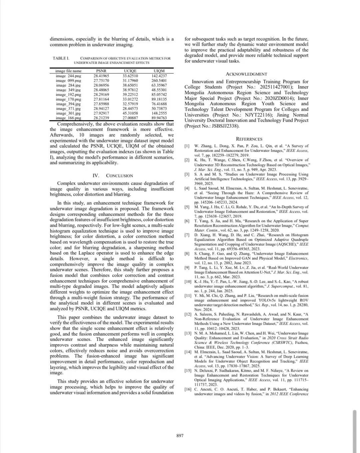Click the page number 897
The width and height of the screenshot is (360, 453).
click(x=180, y=435)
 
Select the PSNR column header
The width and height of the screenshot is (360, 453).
click(x=101, y=71)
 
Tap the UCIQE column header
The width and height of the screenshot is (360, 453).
click(x=130, y=71)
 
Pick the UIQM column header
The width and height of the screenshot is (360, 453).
click(x=159, y=71)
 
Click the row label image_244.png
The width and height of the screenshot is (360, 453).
click(x=68, y=76)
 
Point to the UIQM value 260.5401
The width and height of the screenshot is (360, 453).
click(x=159, y=80)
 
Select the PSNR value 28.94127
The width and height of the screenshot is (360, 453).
click(x=101, y=108)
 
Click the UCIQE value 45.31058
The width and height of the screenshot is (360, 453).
click(x=130, y=113)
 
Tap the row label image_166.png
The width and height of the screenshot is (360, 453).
click(x=68, y=118)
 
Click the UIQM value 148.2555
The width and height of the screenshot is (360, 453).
click(x=159, y=113)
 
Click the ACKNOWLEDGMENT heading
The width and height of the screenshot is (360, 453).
click(x=246, y=74)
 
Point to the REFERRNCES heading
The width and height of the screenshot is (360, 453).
click(x=249, y=139)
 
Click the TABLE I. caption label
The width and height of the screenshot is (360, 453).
click(x=61, y=58)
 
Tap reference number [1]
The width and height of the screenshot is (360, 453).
click(x=187, y=146)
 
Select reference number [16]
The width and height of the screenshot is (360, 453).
click(x=188, y=389)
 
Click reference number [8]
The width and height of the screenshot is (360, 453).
click(x=187, y=254)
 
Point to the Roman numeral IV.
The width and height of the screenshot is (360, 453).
click(x=96, y=176)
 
